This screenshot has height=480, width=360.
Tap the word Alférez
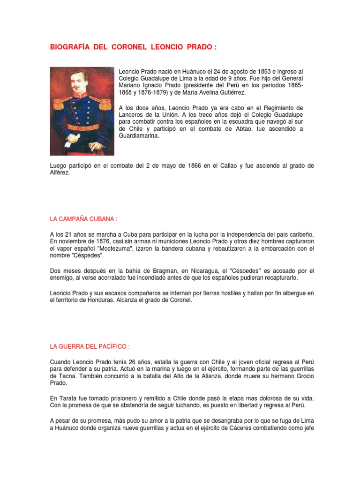(x=60, y=173)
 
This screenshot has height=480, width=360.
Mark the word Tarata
(x=67, y=398)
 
